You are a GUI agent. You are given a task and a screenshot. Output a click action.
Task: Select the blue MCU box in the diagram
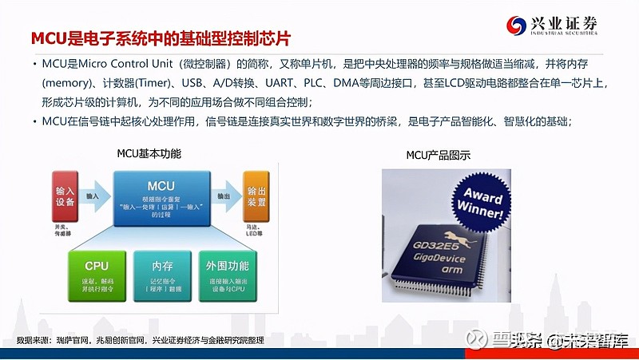161,196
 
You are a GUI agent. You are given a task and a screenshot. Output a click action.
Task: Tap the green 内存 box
161,275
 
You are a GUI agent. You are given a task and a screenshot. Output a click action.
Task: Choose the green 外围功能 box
227,275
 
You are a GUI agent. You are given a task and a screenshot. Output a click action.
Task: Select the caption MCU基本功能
149,153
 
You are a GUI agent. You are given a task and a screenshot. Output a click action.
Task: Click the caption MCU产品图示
438,153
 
